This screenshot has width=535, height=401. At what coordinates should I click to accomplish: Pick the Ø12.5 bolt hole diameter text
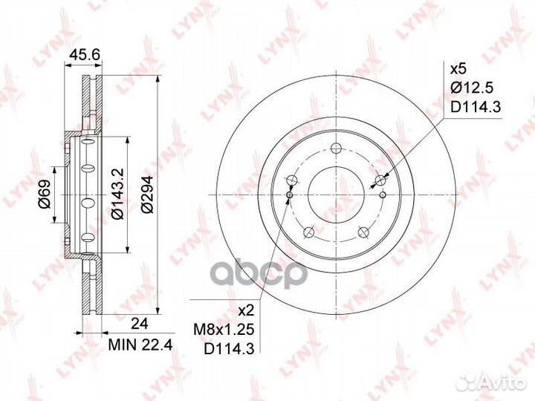pos(471,88)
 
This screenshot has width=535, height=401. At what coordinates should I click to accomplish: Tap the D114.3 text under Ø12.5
pos(476,108)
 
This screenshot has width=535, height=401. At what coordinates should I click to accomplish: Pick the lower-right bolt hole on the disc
pos(364,232)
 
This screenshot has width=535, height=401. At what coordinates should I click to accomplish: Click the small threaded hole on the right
pos(383,195)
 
